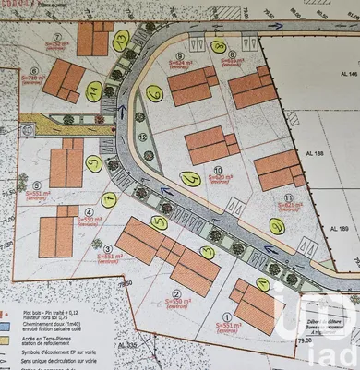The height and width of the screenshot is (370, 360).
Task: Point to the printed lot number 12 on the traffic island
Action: [x=142, y=136]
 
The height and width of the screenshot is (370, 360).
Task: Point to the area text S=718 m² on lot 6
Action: [x=32, y=79]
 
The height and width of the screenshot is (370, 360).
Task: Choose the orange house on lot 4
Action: [x=59, y=231]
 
